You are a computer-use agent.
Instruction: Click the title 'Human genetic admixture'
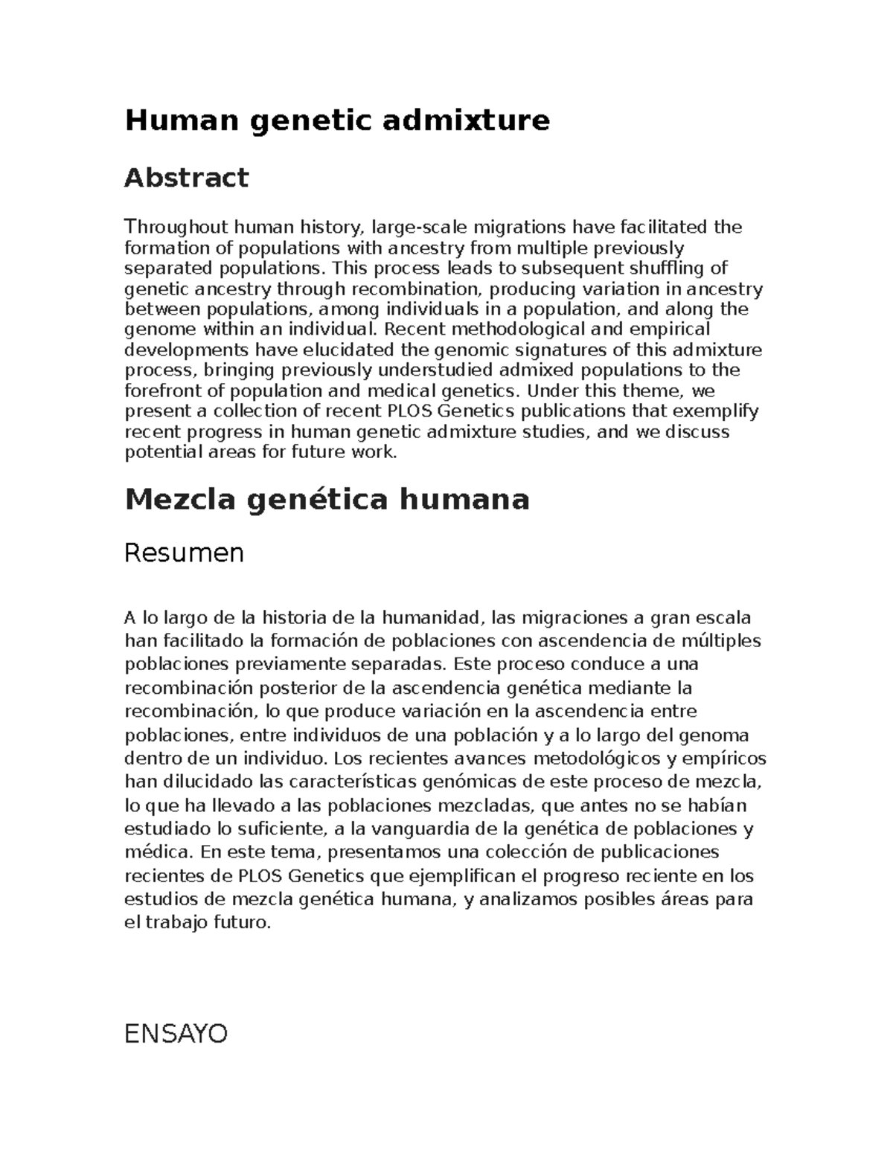pyautogui.click(x=337, y=120)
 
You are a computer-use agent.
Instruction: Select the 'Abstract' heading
pyautogui.click(x=186, y=178)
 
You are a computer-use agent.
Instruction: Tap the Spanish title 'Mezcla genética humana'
pyautogui.click(x=327, y=499)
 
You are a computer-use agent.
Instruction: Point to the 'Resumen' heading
pyautogui.click(x=184, y=553)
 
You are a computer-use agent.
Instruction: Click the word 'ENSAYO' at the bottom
pyautogui.click(x=176, y=1034)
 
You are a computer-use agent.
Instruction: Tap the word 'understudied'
pyautogui.click(x=435, y=370)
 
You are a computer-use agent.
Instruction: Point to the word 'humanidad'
pyautogui.click(x=432, y=617)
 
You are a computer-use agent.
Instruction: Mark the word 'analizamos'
pyautogui.click(x=528, y=900)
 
